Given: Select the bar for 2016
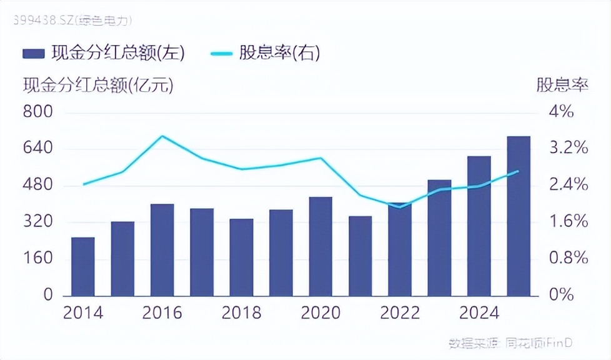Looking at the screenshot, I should click(x=162, y=249).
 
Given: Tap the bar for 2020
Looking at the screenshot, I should click(x=320, y=246).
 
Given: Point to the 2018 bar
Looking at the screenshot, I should click(x=242, y=257).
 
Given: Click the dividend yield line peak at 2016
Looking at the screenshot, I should click(x=162, y=136).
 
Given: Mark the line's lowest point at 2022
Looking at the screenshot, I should click(x=400, y=207).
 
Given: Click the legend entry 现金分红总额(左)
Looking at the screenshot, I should click(x=104, y=53).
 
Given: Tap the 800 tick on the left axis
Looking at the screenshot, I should click(x=39, y=112).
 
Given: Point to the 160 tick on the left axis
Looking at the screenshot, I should click(x=39, y=258).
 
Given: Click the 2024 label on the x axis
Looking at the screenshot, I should click(x=479, y=312).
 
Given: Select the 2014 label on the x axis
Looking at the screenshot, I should click(x=83, y=312).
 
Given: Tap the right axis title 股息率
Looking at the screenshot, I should click(x=562, y=86).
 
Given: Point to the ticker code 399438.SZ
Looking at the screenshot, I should click(x=37, y=21).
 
